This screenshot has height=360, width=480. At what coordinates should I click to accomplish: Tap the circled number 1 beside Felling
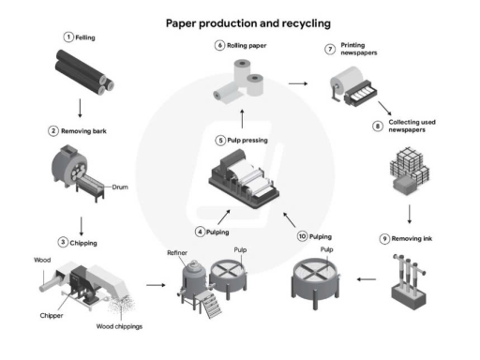coord(68,36)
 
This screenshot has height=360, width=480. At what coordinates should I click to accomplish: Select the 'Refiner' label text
coord(177,251)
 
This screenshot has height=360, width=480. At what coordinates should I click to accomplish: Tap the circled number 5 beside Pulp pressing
coord(219,140)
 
